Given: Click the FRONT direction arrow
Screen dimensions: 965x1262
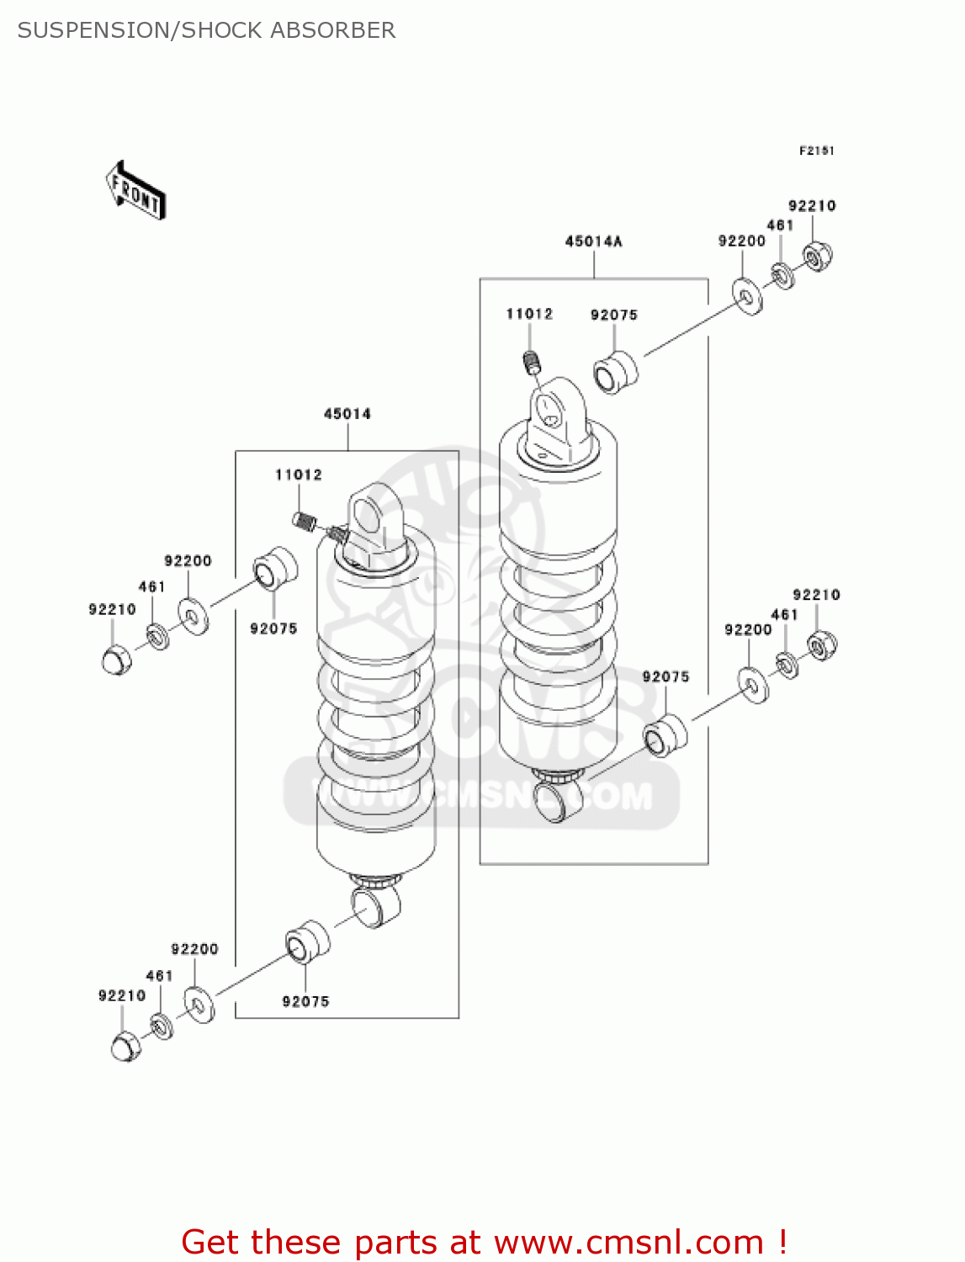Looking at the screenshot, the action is tap(135, 190).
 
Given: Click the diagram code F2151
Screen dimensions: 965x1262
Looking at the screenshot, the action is tap(816, 151).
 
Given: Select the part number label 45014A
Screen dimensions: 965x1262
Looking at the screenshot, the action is tap(594, 241).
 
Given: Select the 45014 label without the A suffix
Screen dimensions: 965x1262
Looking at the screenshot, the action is tap(347, 414).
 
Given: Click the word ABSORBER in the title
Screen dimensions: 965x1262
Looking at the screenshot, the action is tap(333, 30).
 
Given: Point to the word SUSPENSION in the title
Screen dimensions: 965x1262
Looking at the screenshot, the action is tap(93, 30).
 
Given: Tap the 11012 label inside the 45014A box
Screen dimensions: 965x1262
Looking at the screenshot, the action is tap(528, 314).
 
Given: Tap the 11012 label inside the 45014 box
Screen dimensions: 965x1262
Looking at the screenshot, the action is tap(299, 475).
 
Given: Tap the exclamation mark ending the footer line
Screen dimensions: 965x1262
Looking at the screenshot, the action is tap(782, 1241).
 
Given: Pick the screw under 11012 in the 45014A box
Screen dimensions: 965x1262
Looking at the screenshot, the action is tap(533, 363).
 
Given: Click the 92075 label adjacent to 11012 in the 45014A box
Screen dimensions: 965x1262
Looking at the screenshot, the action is tap(614, 315).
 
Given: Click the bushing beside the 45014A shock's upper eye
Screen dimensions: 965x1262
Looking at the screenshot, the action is tap(616, 372).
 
